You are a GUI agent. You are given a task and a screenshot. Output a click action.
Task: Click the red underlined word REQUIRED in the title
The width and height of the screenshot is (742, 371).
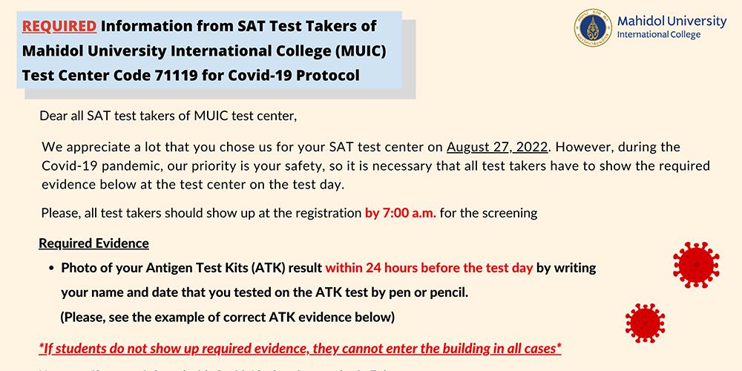point(59,27)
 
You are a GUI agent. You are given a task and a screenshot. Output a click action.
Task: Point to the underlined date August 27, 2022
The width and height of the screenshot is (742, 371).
point(497,147)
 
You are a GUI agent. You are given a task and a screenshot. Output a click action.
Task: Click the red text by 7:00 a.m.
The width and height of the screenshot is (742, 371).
point(401,213)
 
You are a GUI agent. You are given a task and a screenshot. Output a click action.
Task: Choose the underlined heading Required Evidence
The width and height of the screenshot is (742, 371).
point(93,243)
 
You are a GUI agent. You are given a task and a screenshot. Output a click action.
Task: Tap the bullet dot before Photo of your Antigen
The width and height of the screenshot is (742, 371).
point(51,268)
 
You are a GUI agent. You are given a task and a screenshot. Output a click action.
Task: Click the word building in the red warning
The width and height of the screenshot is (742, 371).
point(461,349)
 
